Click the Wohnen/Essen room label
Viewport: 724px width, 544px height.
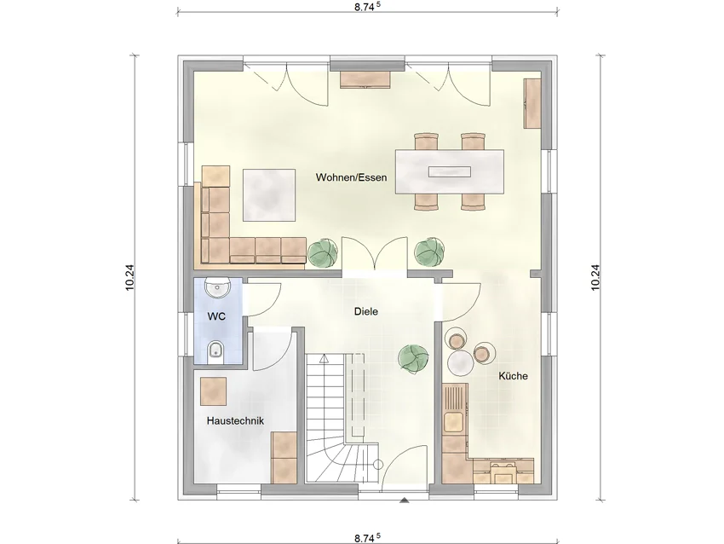click(352, 177)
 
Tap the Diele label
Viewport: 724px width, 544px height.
click(366, 311)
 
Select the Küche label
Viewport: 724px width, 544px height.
click(513, 376)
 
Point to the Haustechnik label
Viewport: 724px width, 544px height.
click(235, 421)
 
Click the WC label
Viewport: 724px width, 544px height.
click(216, 316)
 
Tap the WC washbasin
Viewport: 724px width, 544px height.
click(217, 288)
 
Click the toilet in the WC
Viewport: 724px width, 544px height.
click(215, 350)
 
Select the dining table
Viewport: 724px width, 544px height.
click(449, 171)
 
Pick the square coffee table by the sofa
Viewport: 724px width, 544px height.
click(269, 195)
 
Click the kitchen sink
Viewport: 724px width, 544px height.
click(453, 421)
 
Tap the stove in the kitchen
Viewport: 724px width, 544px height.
click(503, 471)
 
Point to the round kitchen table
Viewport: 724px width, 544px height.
click(461, 362)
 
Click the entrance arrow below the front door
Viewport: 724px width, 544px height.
click(405, 500)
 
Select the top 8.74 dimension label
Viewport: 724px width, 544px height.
click(368, 7)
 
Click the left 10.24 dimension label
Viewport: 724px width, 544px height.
click(129, 277)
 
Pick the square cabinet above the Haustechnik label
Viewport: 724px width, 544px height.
click(213, 391)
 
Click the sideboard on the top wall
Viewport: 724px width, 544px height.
click(366, 79)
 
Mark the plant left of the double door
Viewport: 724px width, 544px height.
click(323, 253)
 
